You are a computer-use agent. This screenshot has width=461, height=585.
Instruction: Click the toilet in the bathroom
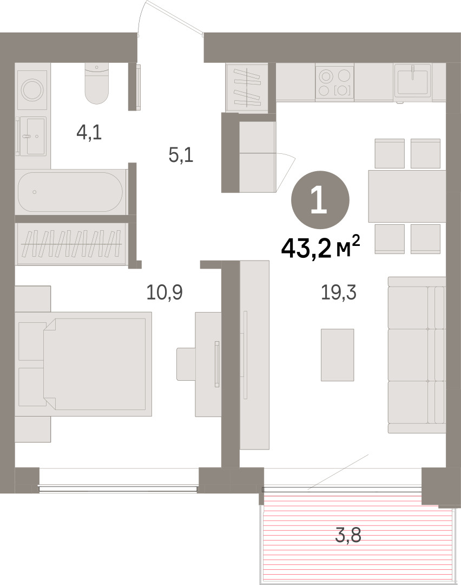96,83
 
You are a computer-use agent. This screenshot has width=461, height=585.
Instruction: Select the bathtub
70,192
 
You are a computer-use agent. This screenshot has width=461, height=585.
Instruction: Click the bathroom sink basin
33,136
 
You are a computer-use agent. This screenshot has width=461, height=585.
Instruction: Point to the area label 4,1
89,132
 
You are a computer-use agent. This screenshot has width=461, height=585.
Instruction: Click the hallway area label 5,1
181,155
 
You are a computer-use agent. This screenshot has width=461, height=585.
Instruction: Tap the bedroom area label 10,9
164,292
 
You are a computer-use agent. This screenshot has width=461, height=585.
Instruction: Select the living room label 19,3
338,292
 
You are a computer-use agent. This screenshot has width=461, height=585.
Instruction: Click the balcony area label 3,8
348,536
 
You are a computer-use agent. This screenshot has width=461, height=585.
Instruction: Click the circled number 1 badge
320,200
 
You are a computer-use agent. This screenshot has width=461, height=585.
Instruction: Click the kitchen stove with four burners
334,82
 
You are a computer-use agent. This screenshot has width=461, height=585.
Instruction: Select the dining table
407,196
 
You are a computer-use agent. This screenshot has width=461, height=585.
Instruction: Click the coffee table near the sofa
337,355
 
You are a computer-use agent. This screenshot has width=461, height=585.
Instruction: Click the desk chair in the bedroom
186,364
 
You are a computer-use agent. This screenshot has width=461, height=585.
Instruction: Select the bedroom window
118,489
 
